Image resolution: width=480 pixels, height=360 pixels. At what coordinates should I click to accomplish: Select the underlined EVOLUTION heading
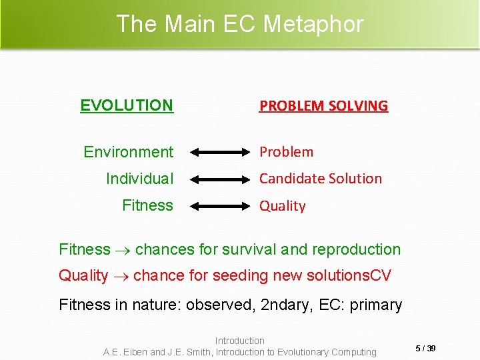pyautogui.click(x=127, y=105)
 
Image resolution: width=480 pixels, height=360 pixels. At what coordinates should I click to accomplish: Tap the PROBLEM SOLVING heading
pyautogui.click(x=323, y=105)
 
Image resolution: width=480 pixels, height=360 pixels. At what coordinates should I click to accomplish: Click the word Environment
pyautogui.click(x=128, y=152)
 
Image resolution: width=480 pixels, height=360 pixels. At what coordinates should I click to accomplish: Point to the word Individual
pyautogui.click(x=139, y=179)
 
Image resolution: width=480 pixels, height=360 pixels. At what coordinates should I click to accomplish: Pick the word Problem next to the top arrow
pyautogui.click(x=286, y=152)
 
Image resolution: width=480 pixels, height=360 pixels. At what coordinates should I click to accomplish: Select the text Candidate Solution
pyautogui.click(x=320, y=179)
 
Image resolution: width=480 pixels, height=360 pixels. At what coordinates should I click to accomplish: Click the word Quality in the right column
pyautogui.click(x=282, y=206)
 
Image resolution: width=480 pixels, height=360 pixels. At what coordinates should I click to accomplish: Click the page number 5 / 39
pyautogui.click(x=426, y=349)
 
